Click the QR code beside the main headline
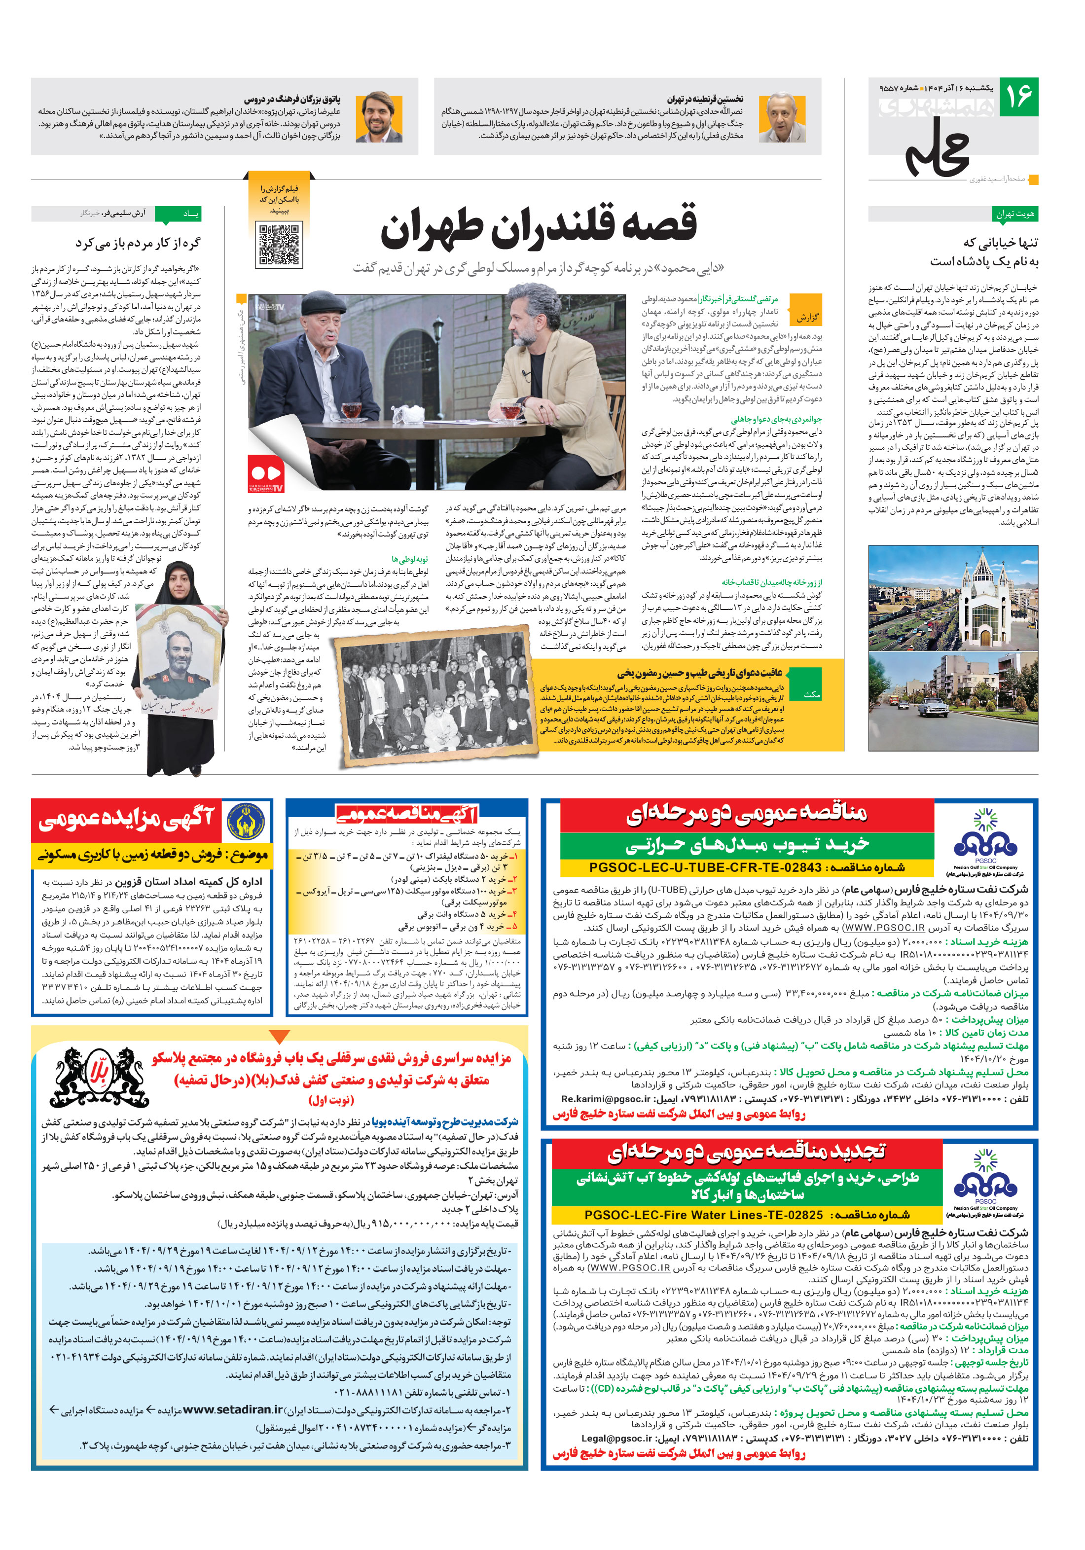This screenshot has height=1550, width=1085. click(279, 245)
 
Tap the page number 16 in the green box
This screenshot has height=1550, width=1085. click(1018, 97)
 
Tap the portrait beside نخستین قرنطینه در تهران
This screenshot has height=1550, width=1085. click(782, 117)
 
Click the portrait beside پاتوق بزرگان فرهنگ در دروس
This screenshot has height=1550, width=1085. click(379, 117)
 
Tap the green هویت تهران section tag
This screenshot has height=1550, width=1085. click(1015, 214)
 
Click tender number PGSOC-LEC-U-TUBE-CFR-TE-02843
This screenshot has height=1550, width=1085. click(706, 867)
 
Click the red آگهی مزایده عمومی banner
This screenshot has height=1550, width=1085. click(126, 819)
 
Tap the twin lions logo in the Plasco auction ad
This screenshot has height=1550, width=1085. click(101, 1078)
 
